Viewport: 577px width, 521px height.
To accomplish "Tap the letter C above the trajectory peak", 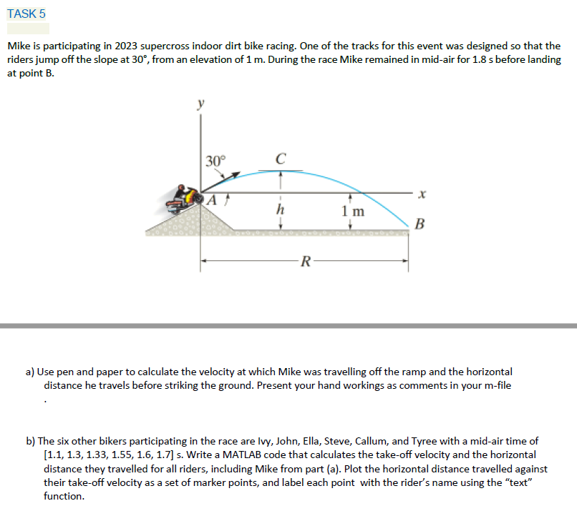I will point(281,158).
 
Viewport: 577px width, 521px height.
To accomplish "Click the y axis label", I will point(200,104).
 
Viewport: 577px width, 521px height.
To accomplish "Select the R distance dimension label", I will point(305,262).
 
